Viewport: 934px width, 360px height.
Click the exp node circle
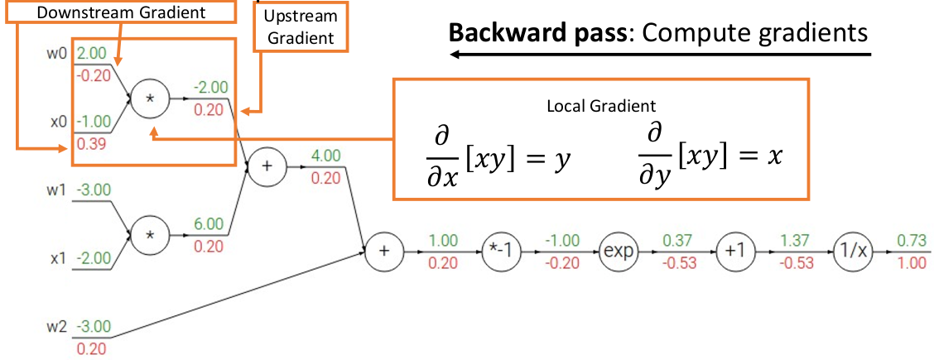coord(617,252)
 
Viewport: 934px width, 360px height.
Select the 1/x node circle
coord(851,252)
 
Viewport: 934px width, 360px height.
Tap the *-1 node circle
coord(499,252)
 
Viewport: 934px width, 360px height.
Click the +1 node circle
coord(733,252)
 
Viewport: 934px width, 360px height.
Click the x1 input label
coord(58,258)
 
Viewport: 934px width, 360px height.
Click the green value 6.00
coord(209,224)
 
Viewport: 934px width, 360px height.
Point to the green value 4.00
coord(325,155)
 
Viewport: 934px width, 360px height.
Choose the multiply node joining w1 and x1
coord(152,234)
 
